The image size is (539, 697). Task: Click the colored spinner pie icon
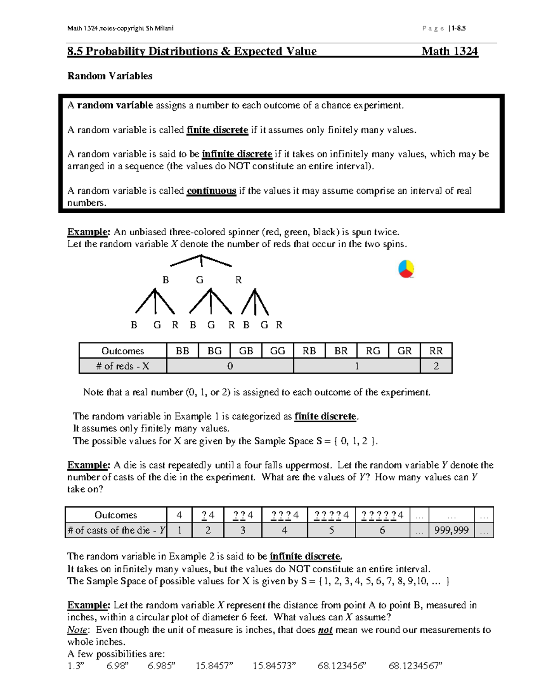(406, 269)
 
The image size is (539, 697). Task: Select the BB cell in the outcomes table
(182, 351)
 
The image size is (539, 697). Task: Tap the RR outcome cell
(436, 351)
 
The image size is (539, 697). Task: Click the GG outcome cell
(278, 351)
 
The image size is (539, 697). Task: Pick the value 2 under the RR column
(436, 366)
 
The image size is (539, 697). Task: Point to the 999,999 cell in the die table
(451, 530)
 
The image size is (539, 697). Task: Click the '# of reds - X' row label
(123, 366)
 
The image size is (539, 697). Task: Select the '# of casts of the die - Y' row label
(116, 530)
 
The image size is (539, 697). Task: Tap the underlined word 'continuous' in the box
(211, 191)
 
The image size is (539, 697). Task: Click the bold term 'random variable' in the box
(115, 105)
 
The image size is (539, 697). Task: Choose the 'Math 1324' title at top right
(449, 52)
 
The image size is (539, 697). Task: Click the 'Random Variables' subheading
(110, 76)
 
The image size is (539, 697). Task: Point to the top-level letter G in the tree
(200, 280)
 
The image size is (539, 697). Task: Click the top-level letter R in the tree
(239, 280)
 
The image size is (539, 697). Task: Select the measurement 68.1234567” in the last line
(415, 666)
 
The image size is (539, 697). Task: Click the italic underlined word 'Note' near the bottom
(77, 630)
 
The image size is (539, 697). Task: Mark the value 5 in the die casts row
(331, 530)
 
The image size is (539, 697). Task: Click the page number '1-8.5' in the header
(459, 28)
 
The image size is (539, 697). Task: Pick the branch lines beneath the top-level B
(155, 301)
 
